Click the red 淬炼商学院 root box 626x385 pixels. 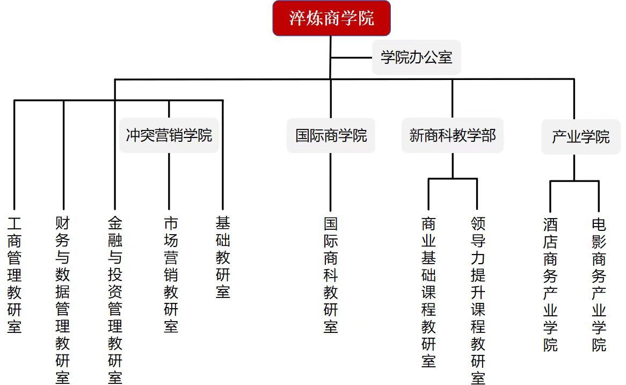331,19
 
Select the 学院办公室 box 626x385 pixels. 416,57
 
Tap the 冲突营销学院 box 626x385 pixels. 169,135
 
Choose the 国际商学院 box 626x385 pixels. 331,135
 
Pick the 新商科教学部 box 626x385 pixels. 452,135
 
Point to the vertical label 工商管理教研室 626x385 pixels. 14,274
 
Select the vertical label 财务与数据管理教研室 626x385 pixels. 63,300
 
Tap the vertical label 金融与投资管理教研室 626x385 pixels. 115,300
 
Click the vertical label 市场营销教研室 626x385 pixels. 171,274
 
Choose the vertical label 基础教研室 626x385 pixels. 223,257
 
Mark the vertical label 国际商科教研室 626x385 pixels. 331,274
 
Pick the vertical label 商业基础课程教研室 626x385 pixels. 428,292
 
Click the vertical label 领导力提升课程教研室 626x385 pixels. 478,300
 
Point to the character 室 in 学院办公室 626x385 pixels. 445,57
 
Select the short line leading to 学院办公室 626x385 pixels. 352,57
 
